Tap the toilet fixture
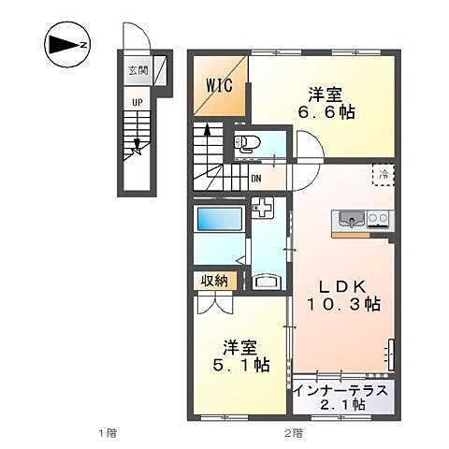248,143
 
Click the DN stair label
256,178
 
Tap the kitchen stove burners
379,220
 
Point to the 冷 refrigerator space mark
383,175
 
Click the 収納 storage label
214,280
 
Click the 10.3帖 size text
343,304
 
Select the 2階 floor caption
293,432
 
